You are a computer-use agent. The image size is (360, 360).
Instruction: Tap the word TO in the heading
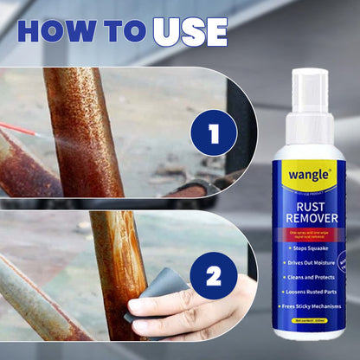click(x=125, y=32)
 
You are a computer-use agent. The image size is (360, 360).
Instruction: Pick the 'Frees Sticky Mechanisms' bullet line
click(x=313, y=305)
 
